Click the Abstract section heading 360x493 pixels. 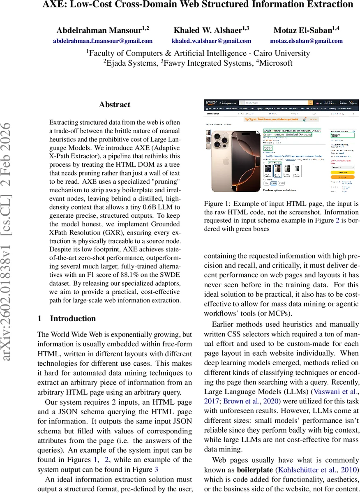[x=115, y=105]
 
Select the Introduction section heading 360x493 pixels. [x=73, y=318]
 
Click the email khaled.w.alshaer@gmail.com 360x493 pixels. [x=211, y=41]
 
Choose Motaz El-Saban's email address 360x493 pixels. [x=306, y=41]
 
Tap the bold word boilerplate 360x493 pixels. [x=254, y=469]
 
